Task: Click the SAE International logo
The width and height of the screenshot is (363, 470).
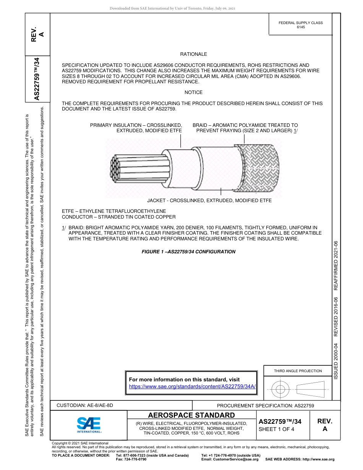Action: point(89,424)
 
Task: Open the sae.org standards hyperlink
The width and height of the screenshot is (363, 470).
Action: point(192,386)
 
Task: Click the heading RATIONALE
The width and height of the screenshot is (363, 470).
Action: point(193,54)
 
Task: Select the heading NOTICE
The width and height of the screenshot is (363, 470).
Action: point(193,92)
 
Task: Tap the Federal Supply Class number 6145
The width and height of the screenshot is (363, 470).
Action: point(301,28)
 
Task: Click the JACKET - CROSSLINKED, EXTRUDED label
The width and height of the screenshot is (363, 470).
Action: point(209,201)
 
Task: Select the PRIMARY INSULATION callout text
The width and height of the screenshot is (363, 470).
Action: point(136,128)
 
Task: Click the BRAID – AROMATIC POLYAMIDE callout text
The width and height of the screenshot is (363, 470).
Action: point(245,128)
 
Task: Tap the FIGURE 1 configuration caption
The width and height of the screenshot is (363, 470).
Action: point(188,252)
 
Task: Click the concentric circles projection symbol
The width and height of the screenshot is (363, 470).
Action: point(280,389)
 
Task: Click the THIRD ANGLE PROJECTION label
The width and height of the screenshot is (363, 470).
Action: point(298,371)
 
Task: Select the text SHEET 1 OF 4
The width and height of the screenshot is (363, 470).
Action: point(276,429)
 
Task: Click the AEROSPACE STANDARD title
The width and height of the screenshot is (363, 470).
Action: point(191,415)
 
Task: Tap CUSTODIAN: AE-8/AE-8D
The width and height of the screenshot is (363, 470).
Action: point(85,405)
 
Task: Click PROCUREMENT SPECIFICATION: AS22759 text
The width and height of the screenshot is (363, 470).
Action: point(265,405)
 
